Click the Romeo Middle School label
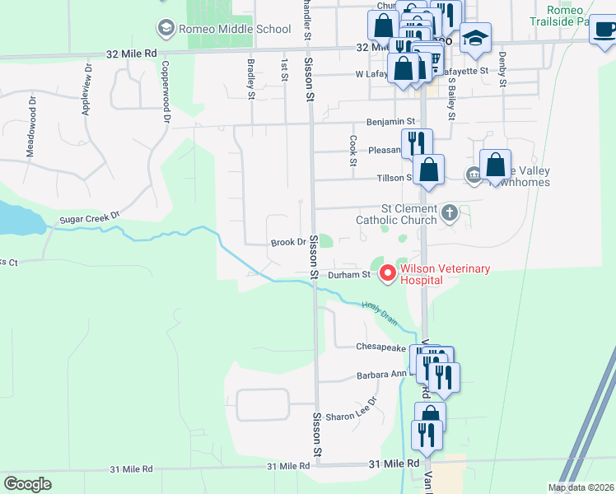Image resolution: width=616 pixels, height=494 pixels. point(233,30)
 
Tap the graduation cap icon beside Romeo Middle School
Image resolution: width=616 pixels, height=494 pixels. point(166,30)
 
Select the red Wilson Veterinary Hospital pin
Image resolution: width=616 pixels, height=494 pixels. point(387,273)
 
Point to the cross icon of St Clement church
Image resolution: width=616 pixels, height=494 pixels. point(449,213)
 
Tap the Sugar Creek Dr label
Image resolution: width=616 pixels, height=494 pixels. point(90,218)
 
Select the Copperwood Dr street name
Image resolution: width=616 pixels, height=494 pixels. point(166,92)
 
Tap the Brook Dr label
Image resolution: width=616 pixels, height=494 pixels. point(288,243)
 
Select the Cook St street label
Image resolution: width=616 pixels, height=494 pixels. point(352,150)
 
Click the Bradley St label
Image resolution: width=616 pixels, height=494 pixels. point(250,79)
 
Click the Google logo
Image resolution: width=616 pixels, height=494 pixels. point(27,484)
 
